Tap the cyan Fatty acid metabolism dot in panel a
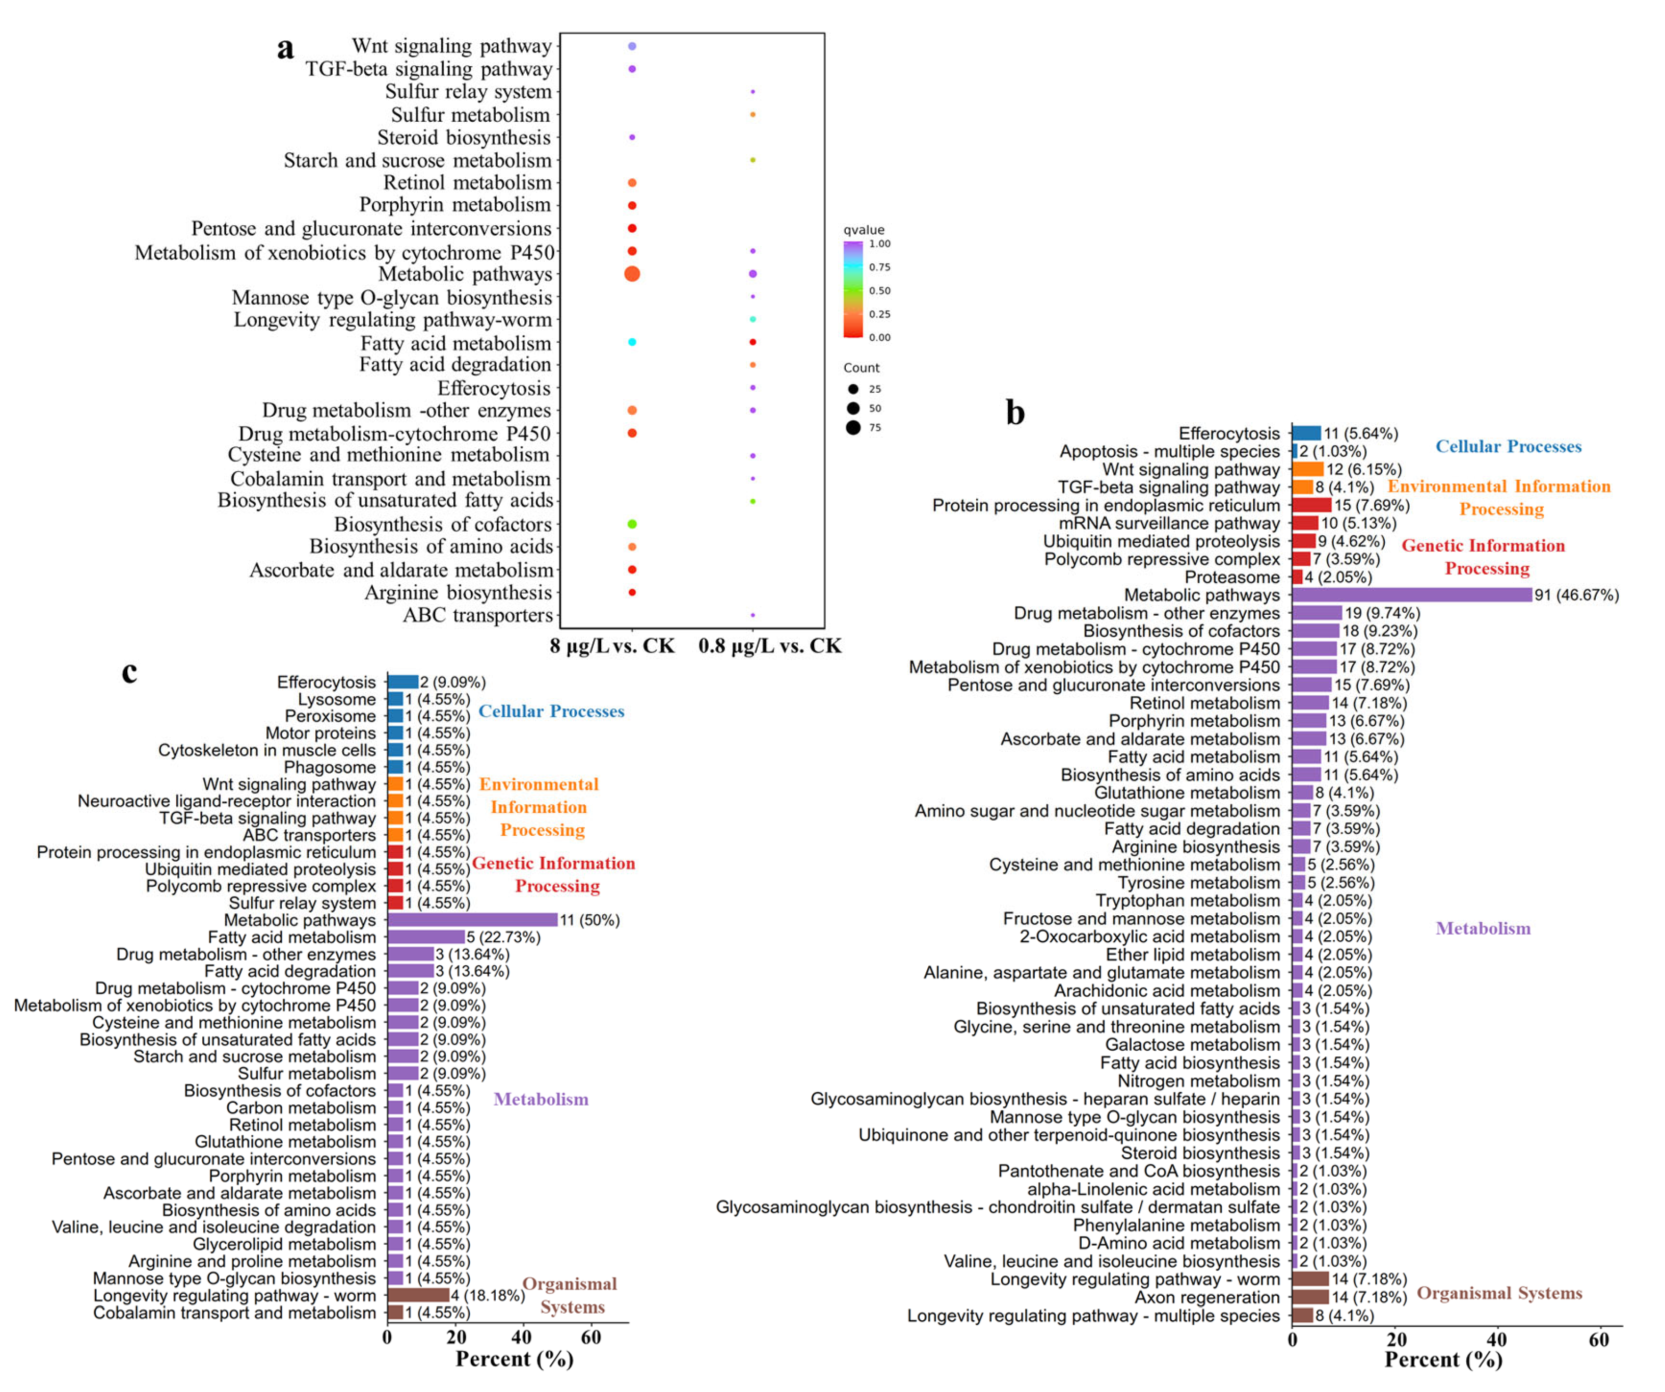coord(632,342)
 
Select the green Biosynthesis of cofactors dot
coord(632,524)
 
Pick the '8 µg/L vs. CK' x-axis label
coord(612,646)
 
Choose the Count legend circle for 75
coord(853,428)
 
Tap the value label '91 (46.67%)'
coord(1576,595)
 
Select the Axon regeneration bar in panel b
coord(1310,1298)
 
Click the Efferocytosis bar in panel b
coord(1306,433)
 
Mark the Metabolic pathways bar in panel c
coord(472,920)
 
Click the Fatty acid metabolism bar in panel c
coord(426,938)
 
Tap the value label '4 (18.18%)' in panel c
coord(488,1295)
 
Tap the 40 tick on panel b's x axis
coord(1497,1340)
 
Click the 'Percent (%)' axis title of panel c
coord(514,1359)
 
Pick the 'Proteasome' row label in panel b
coord(1232,577)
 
